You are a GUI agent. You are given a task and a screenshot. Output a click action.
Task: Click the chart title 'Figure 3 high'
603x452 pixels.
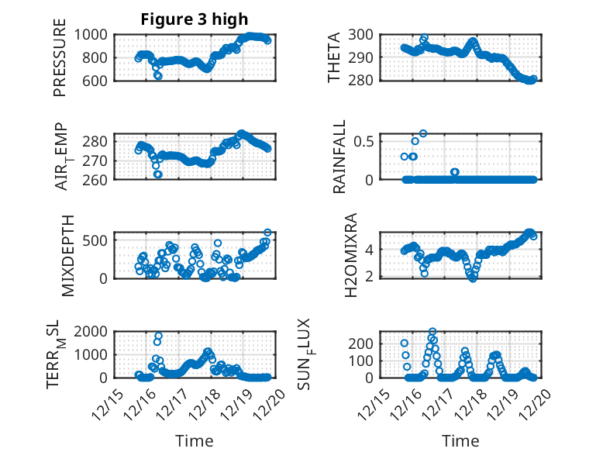195,19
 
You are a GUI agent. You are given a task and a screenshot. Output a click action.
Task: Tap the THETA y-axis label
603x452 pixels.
335,57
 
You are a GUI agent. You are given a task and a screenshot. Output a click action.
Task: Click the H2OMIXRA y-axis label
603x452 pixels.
350,255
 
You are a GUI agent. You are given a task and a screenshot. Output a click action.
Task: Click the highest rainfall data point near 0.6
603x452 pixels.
423,133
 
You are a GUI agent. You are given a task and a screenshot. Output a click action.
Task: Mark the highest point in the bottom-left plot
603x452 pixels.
158,336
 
